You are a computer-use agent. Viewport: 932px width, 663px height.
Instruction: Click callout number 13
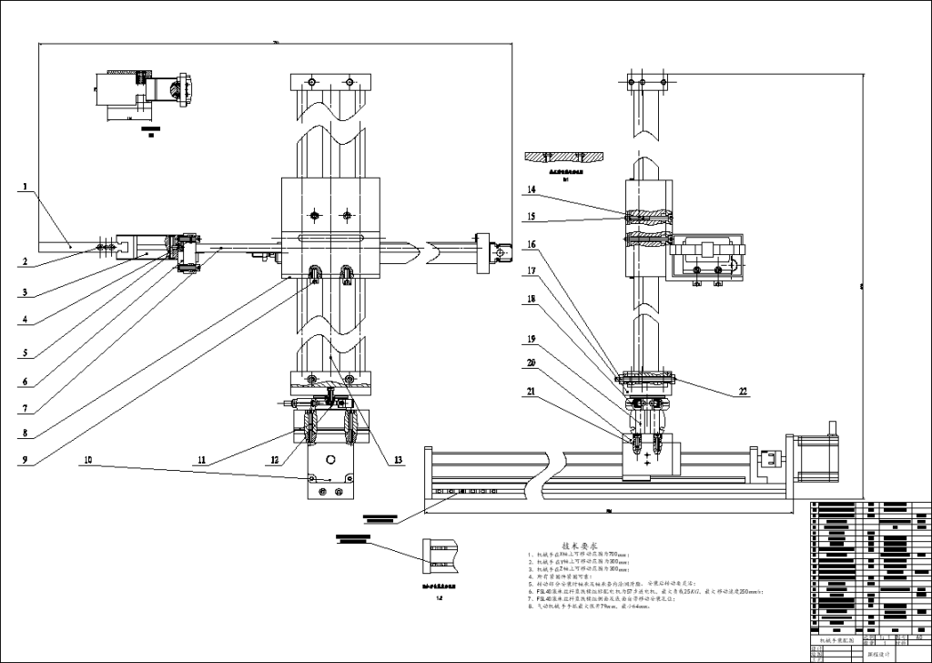click(398, 461)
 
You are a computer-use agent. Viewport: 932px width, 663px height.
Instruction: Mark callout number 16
click(531, 244)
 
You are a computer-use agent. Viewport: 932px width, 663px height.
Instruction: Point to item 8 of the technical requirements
click(619, 604)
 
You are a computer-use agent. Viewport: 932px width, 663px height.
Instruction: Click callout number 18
click(531, 299)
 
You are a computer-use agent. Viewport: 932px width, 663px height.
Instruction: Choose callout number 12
click(273, 462)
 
